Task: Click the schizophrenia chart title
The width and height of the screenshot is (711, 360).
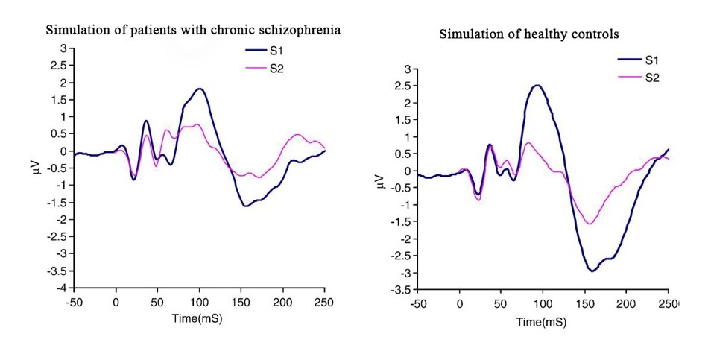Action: click(x=194, y=31)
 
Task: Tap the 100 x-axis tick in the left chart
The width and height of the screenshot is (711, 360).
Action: click(x=199, y=302)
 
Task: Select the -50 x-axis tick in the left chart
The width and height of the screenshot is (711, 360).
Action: click(x=75, y=302)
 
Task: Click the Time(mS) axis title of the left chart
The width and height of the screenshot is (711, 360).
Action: click(x=199, y=318)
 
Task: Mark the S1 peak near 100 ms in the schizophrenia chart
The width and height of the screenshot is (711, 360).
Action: click(x=199, y=89)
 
